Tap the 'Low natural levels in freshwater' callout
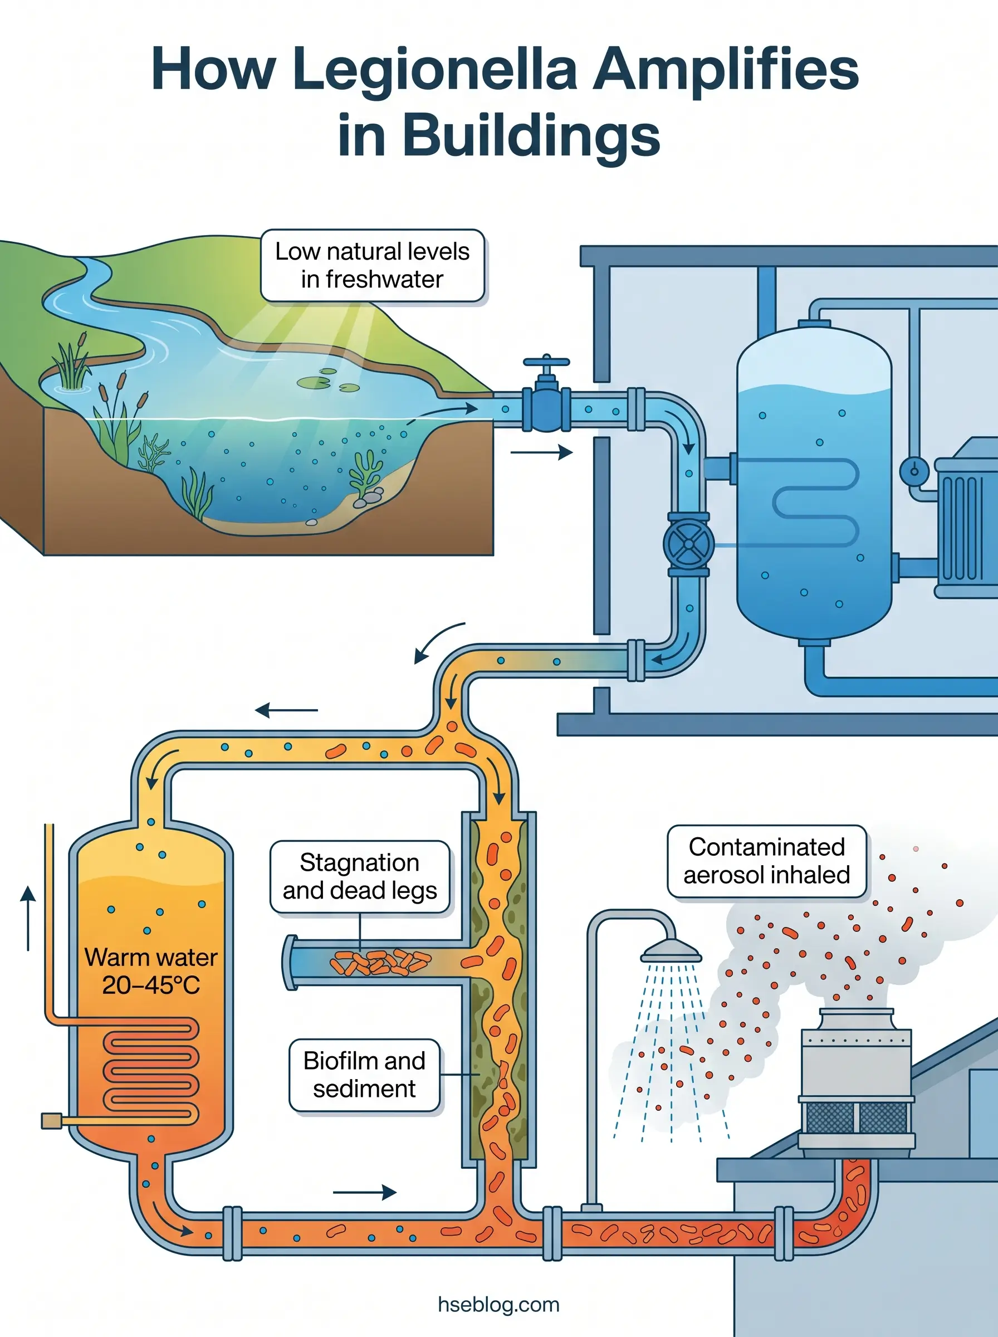[x=372, y=265]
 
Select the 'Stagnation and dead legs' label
[x=360, y=877]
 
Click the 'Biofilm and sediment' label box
[x=364, y=1075]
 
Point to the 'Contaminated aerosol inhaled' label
[x=767, y=861]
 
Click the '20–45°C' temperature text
[x=151, y=985]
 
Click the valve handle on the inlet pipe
[x=546, y=363]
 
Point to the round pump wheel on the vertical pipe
[x=688, y=544]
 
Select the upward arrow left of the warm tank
[x=28, y=918]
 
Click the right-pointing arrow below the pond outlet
[x=542, y=452]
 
